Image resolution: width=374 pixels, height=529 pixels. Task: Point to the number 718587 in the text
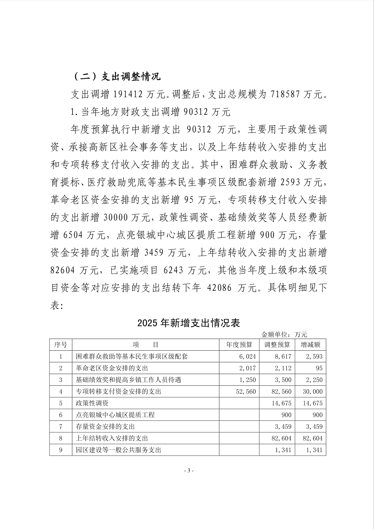point(285,94)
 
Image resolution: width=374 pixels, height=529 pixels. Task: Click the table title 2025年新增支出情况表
point(189,323)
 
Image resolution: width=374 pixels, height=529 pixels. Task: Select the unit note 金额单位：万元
point(284,334)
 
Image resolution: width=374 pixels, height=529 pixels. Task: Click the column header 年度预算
point(239,345)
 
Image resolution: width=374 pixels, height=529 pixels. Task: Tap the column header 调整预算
point(277,345)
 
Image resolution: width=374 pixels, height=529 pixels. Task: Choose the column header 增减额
point(310,345)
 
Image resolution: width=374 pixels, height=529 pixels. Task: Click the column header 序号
point(61,345)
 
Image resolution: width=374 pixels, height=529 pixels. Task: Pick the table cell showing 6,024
point(248,356)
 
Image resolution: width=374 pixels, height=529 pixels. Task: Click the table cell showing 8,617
point(283,356)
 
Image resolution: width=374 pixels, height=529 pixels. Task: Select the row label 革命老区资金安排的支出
point(112,368)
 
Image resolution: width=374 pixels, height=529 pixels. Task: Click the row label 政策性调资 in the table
point(92,403)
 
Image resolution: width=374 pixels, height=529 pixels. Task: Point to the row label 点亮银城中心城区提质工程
point(115,415)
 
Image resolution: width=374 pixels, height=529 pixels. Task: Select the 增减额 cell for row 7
point(314,426)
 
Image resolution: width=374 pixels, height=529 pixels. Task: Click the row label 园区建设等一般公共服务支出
point(118,450)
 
